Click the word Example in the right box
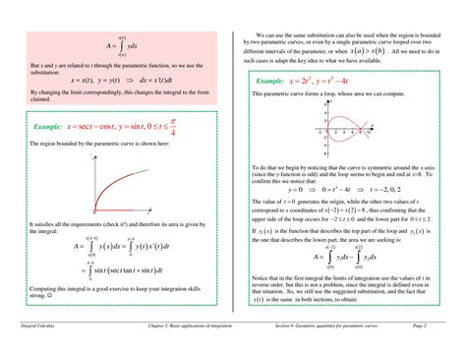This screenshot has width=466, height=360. pos(275,80)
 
